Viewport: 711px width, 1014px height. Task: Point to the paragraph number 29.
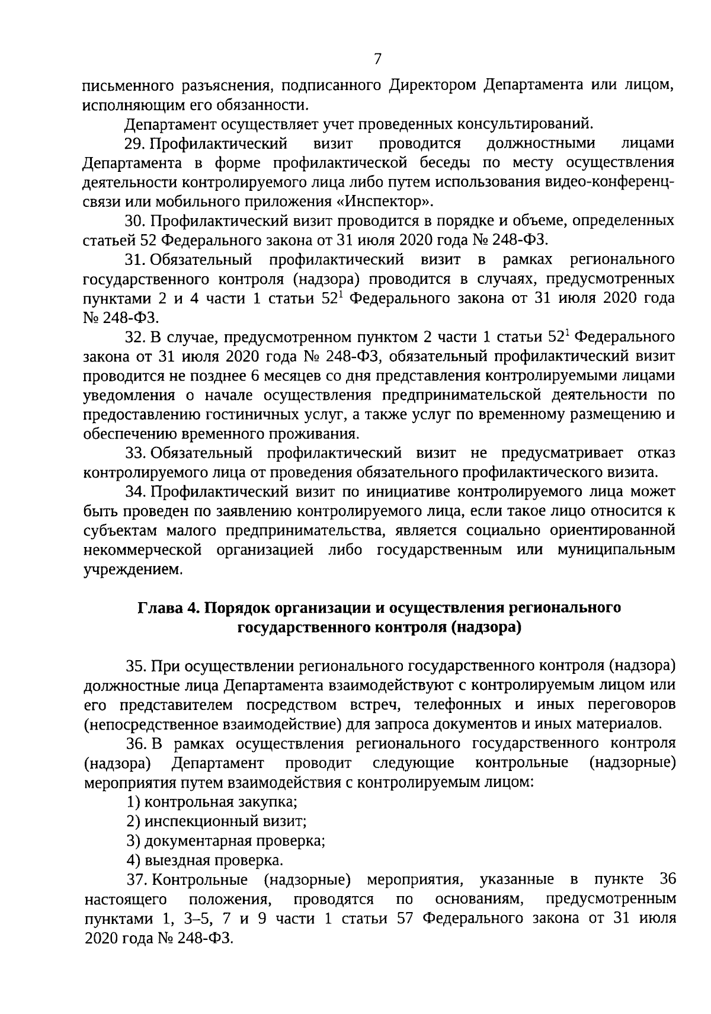coord(136,143)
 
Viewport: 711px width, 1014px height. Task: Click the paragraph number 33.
coord(136,453)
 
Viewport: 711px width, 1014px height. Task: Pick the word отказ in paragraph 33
coord(656,453)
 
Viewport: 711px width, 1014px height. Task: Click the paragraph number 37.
coord(136,879)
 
